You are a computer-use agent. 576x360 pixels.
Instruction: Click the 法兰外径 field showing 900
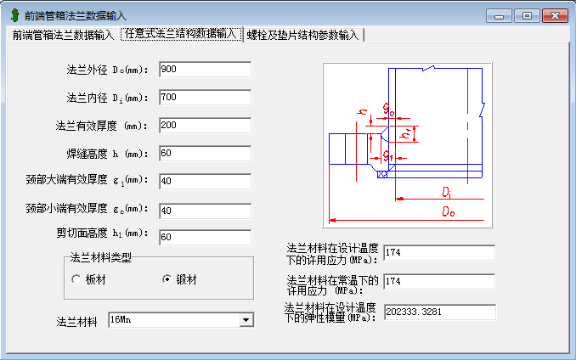pos(204,69)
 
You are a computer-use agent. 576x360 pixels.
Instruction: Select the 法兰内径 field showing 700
pos(204,98)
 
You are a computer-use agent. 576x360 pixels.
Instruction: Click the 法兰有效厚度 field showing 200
pos(204,126)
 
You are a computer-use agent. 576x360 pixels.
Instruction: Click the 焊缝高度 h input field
pos(204,154)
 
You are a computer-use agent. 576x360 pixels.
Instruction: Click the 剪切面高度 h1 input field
pos(204,237)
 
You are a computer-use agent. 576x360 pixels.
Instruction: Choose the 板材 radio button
pos(76,279)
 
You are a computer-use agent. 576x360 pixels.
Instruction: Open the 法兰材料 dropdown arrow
pos(246,320)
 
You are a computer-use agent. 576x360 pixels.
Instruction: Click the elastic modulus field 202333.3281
pos(438,312)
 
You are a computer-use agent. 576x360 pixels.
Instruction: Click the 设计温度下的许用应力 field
pos(438,252)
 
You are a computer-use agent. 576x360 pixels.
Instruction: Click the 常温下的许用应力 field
pos(438,281)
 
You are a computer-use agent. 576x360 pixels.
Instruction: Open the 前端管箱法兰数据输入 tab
pos(61,35)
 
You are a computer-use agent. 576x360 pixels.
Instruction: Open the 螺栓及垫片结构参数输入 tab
pos(303,35)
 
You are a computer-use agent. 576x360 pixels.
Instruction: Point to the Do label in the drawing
pos(448,212)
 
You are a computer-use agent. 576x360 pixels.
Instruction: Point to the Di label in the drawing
pos(447,192)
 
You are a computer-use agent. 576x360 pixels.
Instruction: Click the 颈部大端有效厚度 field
pos(204,181)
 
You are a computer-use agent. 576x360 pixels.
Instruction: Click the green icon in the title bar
pos(13,15)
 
